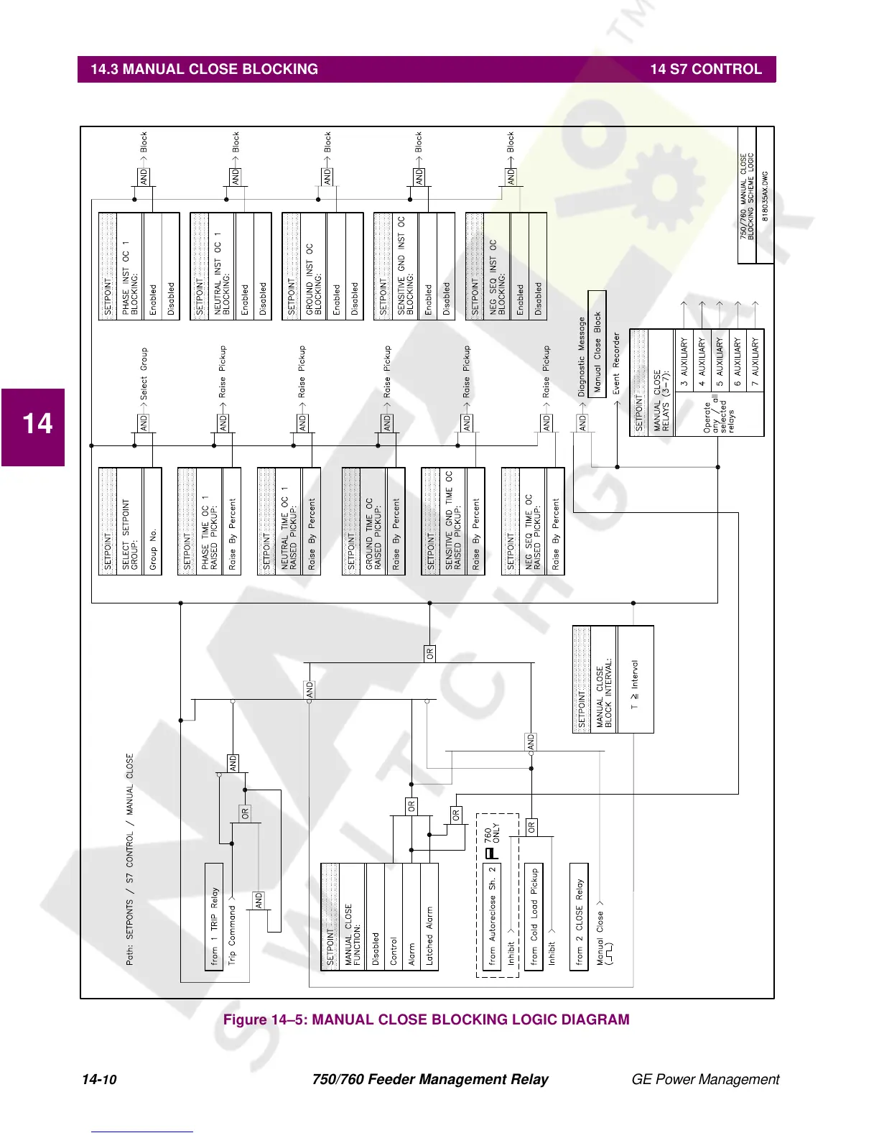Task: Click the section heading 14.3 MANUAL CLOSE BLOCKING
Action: click(204, 70)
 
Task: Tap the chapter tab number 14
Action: click(37, 424)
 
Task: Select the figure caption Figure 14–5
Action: click(426, 1019)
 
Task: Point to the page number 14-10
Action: click(99, 1079)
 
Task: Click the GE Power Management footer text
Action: click(704, 1079)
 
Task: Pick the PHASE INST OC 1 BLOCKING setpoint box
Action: click(139, 267)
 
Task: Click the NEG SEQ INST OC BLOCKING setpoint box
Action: click(506, 267)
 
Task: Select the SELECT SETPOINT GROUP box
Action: click(130, 522)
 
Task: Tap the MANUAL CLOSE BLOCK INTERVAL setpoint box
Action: click(613, 680)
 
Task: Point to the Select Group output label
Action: click(144, 374)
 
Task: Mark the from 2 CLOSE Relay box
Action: click(579, 917)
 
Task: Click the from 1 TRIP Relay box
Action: click(214, 917)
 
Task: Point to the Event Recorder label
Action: click(616, 363)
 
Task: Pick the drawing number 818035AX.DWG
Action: click(765, 195)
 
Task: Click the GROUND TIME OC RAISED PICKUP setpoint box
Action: click(373, 522)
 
